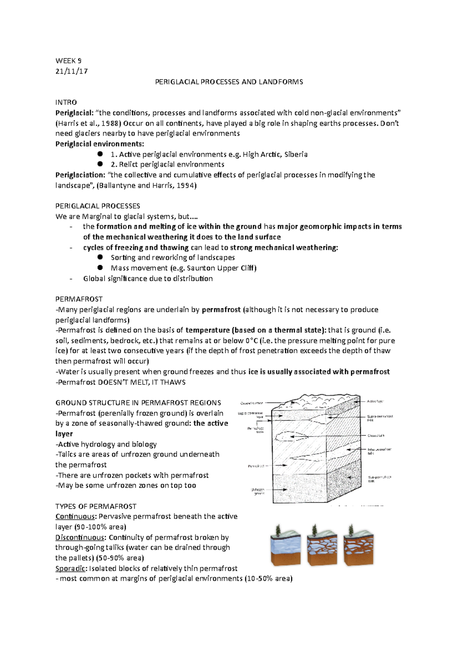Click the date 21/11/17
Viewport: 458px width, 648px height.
coord(71,71)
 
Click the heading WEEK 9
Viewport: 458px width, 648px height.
coord(68,61)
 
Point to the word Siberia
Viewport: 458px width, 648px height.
coord(296,154)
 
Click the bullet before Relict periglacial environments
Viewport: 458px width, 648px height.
coord(100,164)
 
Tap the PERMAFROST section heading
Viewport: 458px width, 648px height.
coord(79,299)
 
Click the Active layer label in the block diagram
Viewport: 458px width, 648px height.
coord(375,401)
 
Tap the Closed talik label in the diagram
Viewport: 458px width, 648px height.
coord(376,435)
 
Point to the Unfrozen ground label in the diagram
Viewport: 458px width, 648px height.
coord(258,492)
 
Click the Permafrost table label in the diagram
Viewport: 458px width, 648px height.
coord(255,430)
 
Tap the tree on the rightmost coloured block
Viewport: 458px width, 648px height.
coord(351,530)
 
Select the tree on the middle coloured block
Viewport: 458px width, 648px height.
coord(314,530)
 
